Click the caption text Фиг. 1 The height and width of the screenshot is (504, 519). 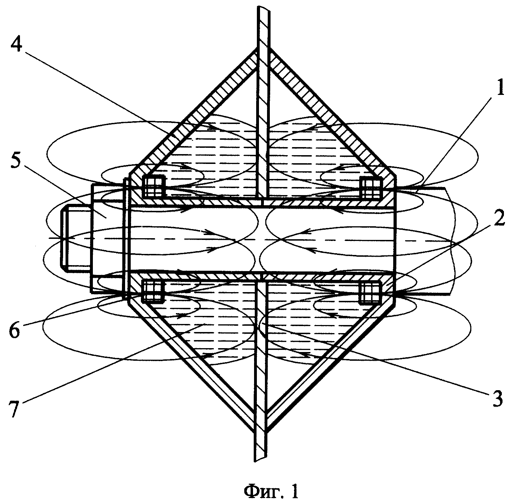click(x=272, y=491)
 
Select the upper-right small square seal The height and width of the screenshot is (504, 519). click(x=370, y=188)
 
